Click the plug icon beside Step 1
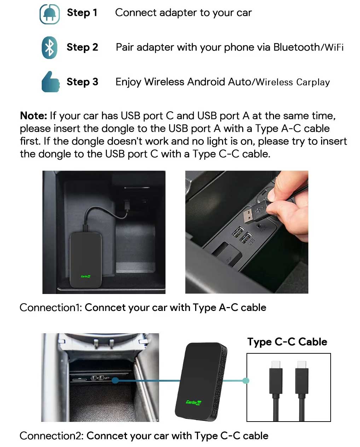[50, 14]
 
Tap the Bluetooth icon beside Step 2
[50, 48]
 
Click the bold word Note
[33, 116]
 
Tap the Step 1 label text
[82, 13]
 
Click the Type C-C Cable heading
[287, 342]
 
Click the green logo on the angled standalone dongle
[193, 402]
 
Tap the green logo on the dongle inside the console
[86, 276]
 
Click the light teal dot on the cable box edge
[246, 381]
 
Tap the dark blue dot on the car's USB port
[115, 381]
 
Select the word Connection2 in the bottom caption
[51, 436]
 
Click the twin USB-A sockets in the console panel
[242, 235]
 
